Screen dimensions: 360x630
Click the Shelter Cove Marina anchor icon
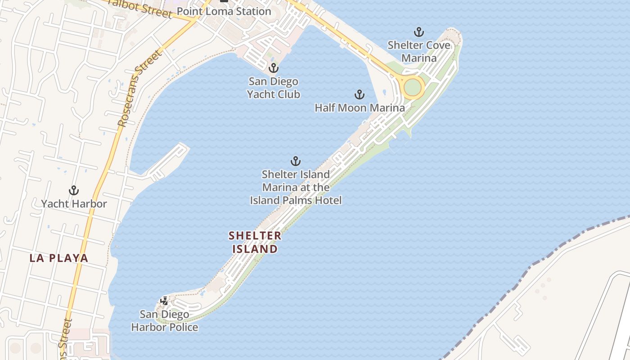tap(419, 32)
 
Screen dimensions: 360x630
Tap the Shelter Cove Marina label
tap(419, 52)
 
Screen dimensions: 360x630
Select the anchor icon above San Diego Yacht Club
tap(273, 68)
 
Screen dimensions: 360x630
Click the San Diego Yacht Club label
tap(274, 88)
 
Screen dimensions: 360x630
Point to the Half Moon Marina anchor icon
tap(359, 94)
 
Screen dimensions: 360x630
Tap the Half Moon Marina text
tap(360, 108)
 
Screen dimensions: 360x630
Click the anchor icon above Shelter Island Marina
tap(296, 161)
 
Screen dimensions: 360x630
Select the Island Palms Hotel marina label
tap(296, 187)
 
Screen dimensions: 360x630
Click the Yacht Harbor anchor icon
tap(74, 190)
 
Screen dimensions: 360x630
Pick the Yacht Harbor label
tap(74, 204)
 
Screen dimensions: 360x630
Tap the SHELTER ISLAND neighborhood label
tap(255, 242)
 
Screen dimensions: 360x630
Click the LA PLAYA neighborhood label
tap(59, 258)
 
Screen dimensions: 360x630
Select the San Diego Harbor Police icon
tap(164, 301)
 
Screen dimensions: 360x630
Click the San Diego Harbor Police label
tap(165, 321)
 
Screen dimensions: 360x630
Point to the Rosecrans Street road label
tap(139, 88)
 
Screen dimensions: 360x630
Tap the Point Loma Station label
tap(224, 11)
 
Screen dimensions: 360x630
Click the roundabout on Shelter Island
tap(412, 87)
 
